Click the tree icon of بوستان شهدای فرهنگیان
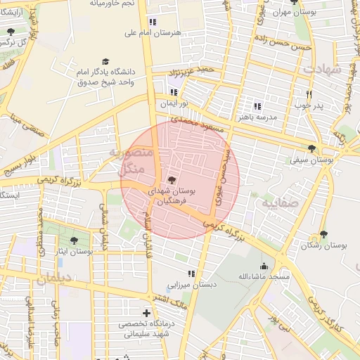(x=173, y=180)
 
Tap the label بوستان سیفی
(x=311, y=160)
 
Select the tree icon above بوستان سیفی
(x=311, y=148)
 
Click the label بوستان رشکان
(x=325, y=246)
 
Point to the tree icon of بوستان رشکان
(x=324, y=234)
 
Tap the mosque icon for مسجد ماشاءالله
(x=264, y=266)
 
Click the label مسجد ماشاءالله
(x=264, y=277)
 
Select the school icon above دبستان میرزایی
(x=191, y=274)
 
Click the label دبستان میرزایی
(x=191, y=285)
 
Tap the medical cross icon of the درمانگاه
(x=147, y=313)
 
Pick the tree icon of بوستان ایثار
(x=74, y=240)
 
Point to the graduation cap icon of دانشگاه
(x=106, y=61)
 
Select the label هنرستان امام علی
(x=153, y=33)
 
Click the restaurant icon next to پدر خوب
(x=308, y=94)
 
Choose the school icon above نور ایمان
(x=174, y=91)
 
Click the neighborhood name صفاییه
(x=262, y=203)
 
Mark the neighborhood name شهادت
(x=322, y=70)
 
